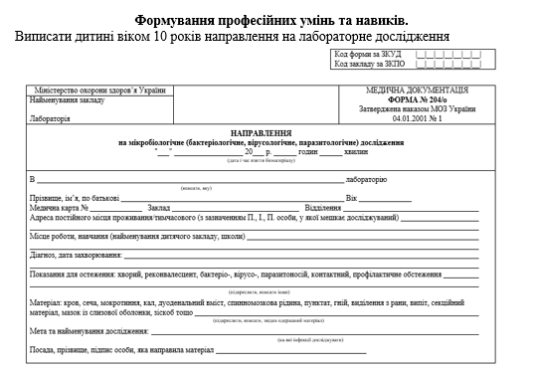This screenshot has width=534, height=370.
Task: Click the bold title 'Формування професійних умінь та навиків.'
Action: coord(268,20)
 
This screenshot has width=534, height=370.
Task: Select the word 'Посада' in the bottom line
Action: coord(45,350)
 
